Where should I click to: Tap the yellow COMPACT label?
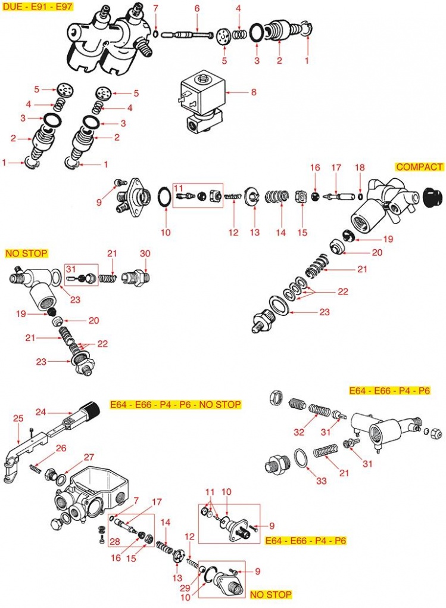pos(419,167)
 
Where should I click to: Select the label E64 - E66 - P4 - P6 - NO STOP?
pos(176,405)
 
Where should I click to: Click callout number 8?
pos(253,92)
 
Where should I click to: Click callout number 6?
pos(197,8)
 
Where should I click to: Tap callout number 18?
pos(359,167)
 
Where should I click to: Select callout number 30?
pos(145,254)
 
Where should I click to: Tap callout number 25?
pos(17,418)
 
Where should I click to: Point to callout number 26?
pos(61,448)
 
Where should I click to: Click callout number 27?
pos(89,457)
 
